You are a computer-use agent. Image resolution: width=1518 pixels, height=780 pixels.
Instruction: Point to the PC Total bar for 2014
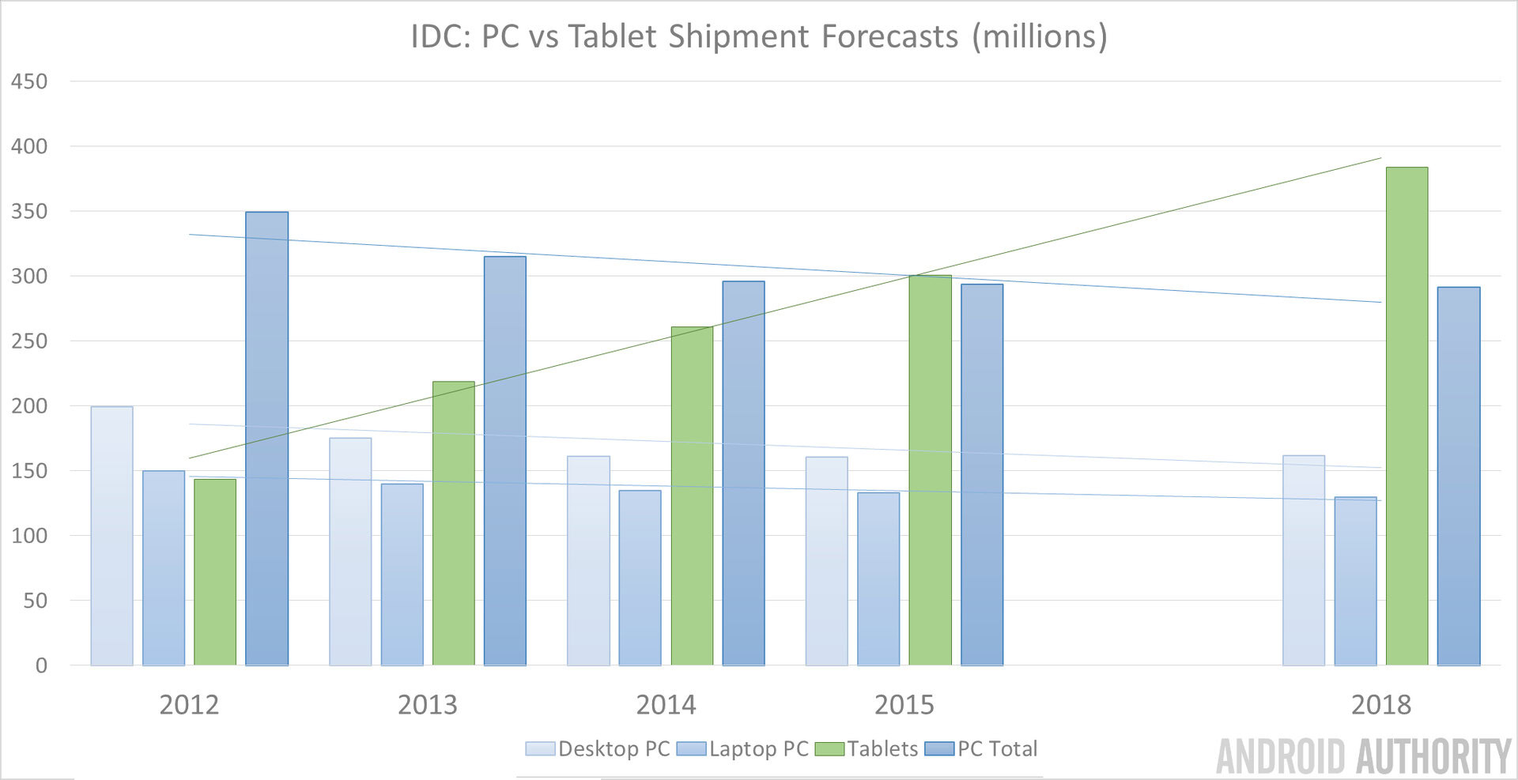pos(743,473)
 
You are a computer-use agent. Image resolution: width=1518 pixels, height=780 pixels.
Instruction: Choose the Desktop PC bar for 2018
pos(1303,560)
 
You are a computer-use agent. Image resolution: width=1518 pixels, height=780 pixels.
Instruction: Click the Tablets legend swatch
pos(829,748)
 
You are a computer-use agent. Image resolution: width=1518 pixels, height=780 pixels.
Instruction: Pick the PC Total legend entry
pos(997,748)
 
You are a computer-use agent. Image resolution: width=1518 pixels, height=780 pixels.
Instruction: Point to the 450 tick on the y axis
pos(29,81)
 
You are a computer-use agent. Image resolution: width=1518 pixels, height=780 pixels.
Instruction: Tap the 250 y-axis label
pos(29,341)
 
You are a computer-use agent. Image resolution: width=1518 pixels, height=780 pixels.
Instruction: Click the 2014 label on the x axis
pos(666,704)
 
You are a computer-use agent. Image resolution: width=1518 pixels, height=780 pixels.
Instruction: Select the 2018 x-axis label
pos(1380,704)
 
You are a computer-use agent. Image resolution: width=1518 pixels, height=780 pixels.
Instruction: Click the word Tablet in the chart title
pos(613,36)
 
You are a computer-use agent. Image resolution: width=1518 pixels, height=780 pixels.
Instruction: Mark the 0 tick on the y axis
pos(41,665)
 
